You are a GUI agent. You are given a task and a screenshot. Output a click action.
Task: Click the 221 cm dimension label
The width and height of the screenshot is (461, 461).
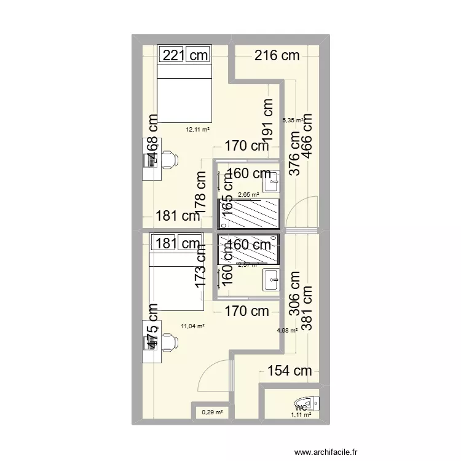(x=185, y=55)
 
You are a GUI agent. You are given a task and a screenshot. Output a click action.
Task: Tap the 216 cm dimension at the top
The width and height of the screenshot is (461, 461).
(x=277, y=55)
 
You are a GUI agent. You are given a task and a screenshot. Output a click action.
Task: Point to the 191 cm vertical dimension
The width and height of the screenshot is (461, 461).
(x=266, y=120)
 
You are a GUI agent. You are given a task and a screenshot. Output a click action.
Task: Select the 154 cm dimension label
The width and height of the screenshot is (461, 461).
(x=290, y=371)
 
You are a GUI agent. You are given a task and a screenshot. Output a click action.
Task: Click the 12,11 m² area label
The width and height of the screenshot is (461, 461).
(x=198, y=130)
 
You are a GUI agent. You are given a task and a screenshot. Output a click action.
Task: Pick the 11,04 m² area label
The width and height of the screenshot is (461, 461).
(x=192, y=327)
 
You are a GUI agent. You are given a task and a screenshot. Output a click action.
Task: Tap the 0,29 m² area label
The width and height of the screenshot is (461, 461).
(x=211, y=413)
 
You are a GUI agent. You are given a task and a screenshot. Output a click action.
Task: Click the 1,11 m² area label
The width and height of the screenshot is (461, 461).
(x=301, y=416)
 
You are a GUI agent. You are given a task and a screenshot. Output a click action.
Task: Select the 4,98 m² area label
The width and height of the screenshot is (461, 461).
(x=287, y=330)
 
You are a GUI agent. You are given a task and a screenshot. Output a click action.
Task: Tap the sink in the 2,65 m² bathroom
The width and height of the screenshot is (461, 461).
(x=273, y=181)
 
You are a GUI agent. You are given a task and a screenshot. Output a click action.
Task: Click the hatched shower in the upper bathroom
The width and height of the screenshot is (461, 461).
(x=248, y=213)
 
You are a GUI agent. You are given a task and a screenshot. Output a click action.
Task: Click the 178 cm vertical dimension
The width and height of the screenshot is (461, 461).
(x=201, y=191)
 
